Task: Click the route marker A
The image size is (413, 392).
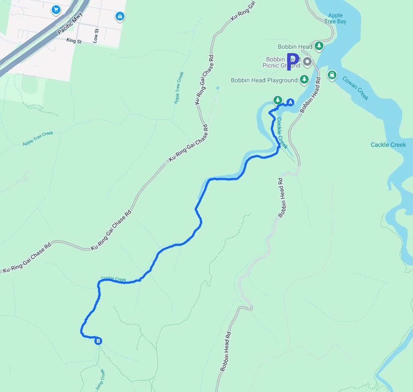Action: point(290,102)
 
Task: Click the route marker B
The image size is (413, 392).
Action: point(98,341)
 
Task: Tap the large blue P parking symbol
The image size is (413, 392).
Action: point(293,61)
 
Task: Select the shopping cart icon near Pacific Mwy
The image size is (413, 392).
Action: point(56,9)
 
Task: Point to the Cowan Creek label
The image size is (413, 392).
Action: point(355,88)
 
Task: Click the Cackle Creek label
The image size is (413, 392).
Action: point(388,145)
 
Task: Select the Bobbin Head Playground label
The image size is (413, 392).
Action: point(264,80)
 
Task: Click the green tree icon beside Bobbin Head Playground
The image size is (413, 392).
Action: point(304,79)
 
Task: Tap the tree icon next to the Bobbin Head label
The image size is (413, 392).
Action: point(319,46)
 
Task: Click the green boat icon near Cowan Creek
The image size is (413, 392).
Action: point(333,74)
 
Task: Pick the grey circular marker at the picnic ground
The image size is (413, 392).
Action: point(307,61)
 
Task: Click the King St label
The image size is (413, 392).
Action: point(74,40)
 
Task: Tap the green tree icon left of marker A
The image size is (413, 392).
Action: point(277,100)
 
